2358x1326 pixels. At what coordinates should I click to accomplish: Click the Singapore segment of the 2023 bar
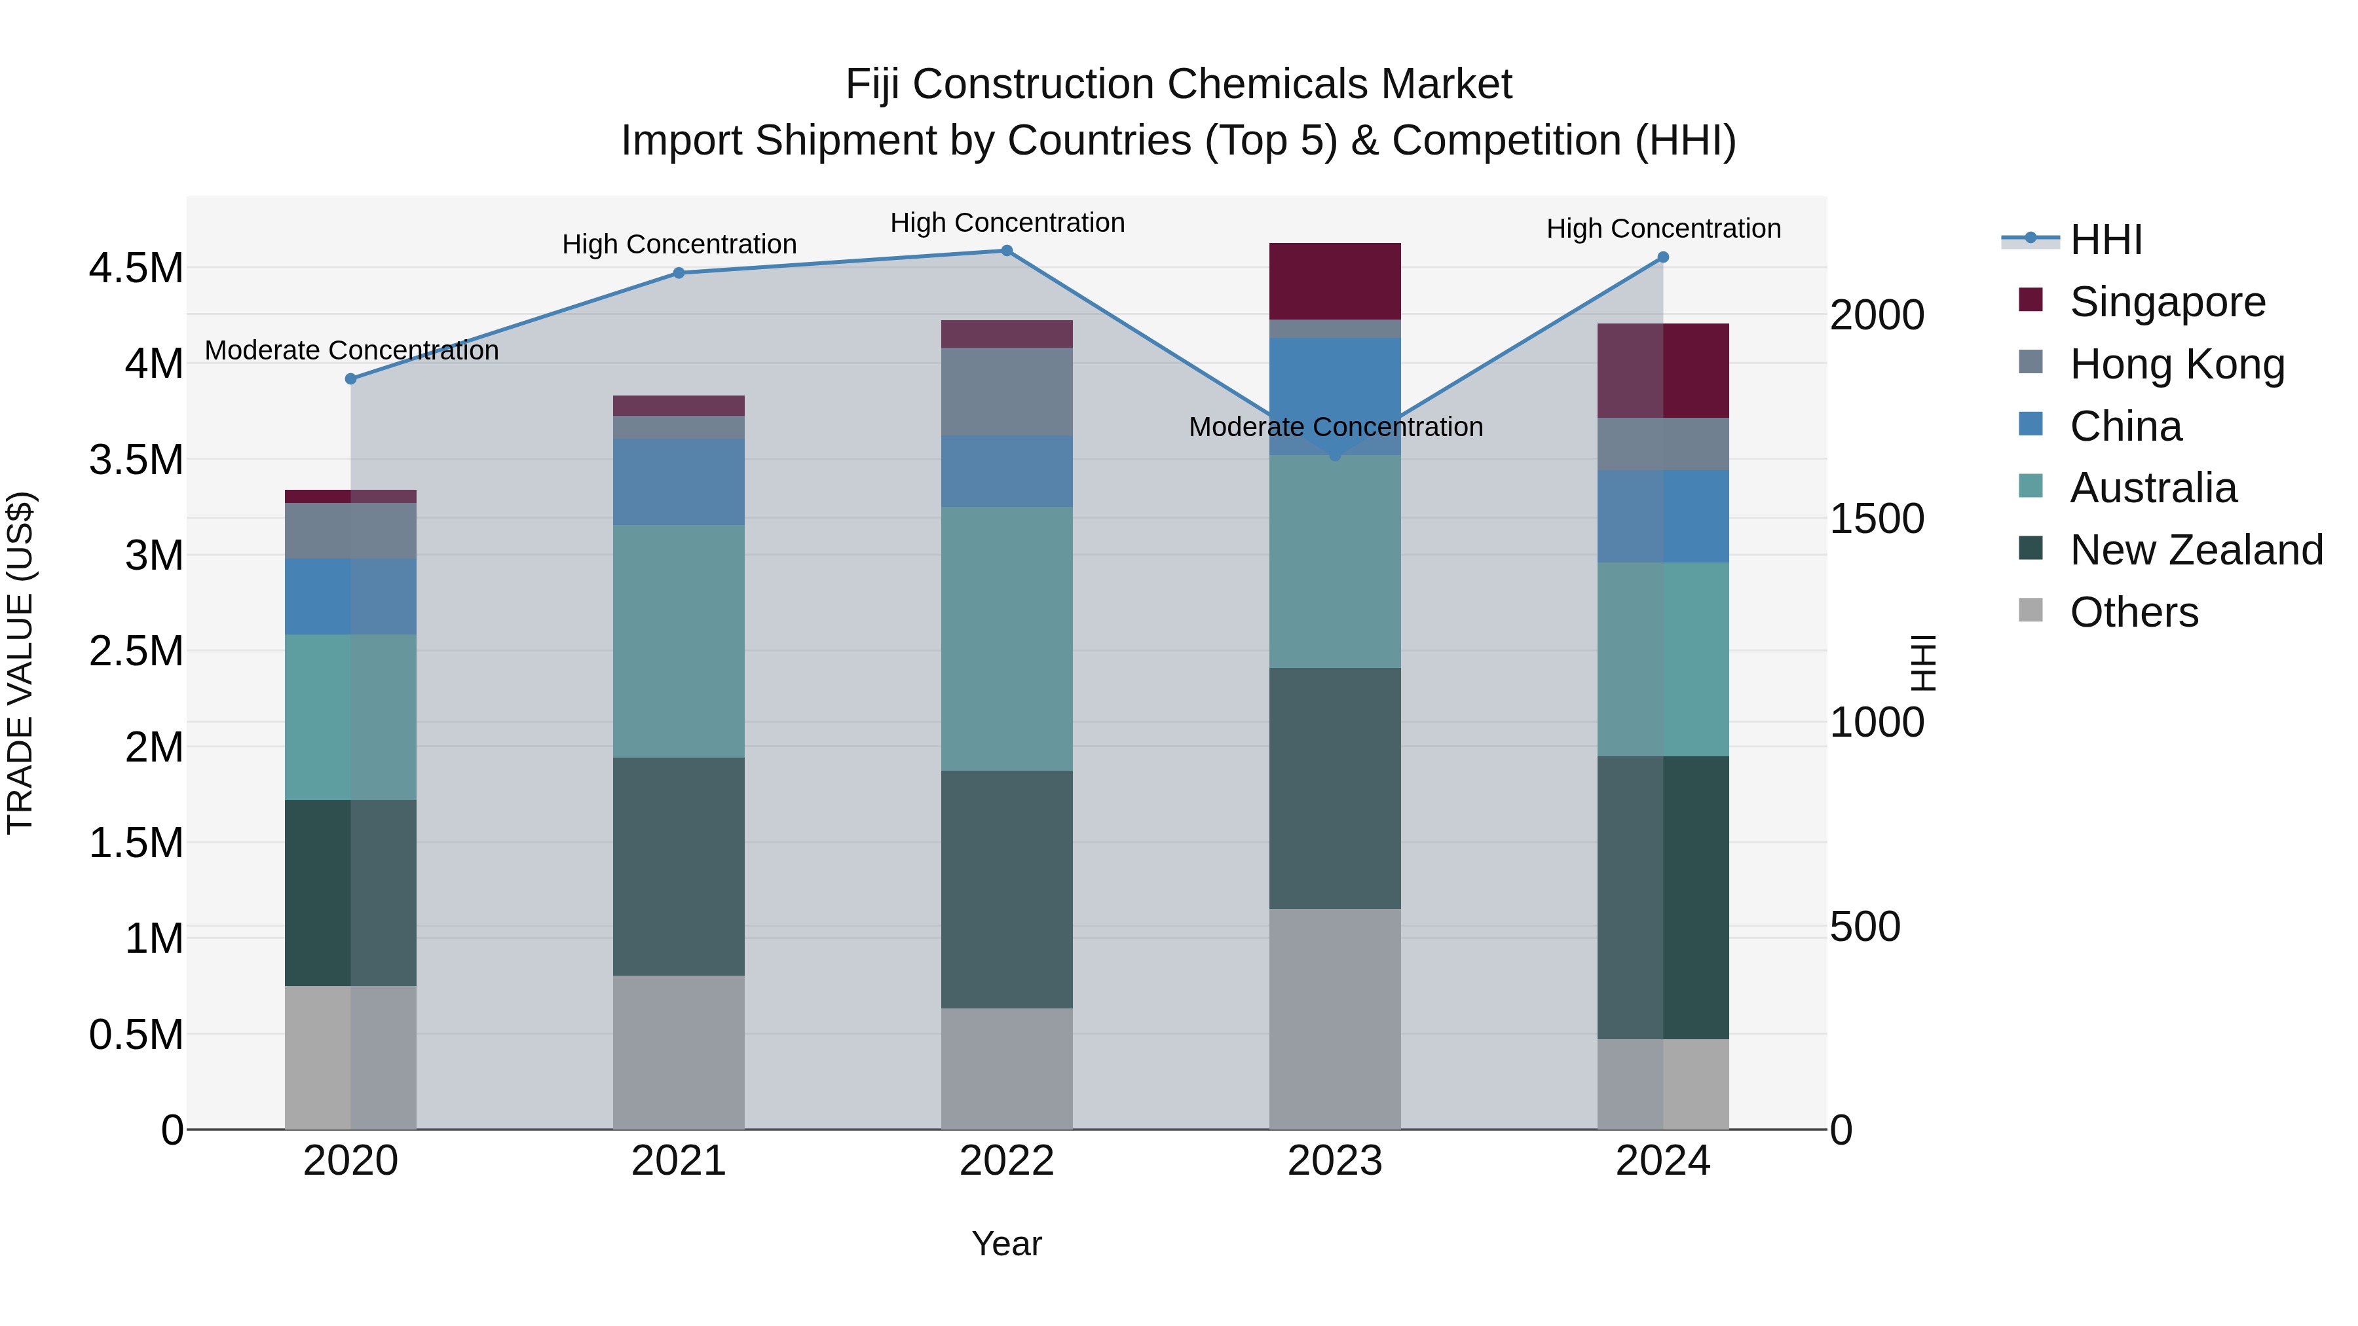(x=1335, y=281)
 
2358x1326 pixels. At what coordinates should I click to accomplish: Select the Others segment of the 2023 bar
(x=1335, y=1018)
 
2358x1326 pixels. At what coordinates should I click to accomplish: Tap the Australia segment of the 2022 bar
(x=1007, y=638)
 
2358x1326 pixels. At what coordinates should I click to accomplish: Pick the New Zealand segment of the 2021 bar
(x=679, y=866)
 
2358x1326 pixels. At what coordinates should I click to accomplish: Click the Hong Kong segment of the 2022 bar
(x=1007, y=391)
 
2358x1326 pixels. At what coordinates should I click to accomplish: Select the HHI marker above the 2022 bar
(x=1007, y=251)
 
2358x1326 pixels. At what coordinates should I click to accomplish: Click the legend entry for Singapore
(x=2167, y=302)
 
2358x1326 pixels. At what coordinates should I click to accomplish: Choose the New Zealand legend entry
(x=2196, y=550)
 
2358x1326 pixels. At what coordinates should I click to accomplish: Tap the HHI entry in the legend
(x=2105, y=240)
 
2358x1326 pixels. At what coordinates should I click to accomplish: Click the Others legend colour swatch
(x=2030, y=610)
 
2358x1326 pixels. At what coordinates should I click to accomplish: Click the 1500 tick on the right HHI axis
(x=1877, y=519)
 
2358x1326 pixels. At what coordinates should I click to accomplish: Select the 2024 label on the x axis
(x=1662, y=1161)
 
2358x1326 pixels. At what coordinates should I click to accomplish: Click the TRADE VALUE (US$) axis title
(x=20, y=663)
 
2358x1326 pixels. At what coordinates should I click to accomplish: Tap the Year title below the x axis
(x=1007, y=1243)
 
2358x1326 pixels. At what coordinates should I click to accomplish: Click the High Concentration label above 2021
(x=679, y=244)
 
